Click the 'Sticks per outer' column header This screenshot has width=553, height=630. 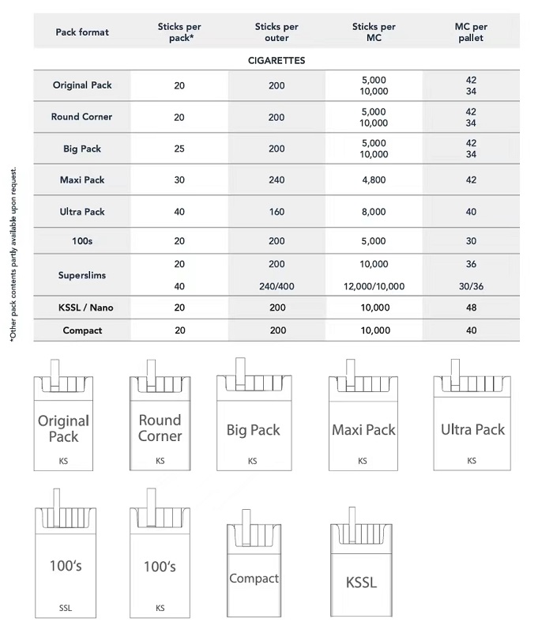pyautogui.click(x=276, y=32)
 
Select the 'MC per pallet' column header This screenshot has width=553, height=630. pyautogui.click(x=471, y=32)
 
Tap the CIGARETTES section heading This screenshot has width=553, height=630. pyautogui.click(x=276, y=60)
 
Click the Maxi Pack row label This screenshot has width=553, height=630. pyautogui.click(x=82, y=180)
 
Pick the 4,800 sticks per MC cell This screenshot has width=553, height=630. pyautogui.click(x=373, y=180)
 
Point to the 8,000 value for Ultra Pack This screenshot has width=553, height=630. pyautogui.click(x=373, y=212)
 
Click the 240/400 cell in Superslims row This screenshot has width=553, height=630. pyautogui.click(x=276, y=285)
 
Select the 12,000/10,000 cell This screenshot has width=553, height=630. pyautogui.click(x=373, y=285)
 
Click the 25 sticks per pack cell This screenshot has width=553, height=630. pyautogui.click(x=179, y=149)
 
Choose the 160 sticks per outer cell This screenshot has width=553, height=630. pyautogui.click(x=276, y=212)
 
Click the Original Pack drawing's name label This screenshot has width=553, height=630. pyautogui.click(x=64, y=428)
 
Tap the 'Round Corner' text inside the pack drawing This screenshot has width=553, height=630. pyautogui.click(x=160, y=428)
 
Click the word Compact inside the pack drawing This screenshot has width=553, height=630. pyautogui.click(x=254, y=579)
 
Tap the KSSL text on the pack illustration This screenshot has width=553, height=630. pyautogui.click(x=362, y=583)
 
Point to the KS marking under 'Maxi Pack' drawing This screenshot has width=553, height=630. pyautogui.click(x=363, y=461)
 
